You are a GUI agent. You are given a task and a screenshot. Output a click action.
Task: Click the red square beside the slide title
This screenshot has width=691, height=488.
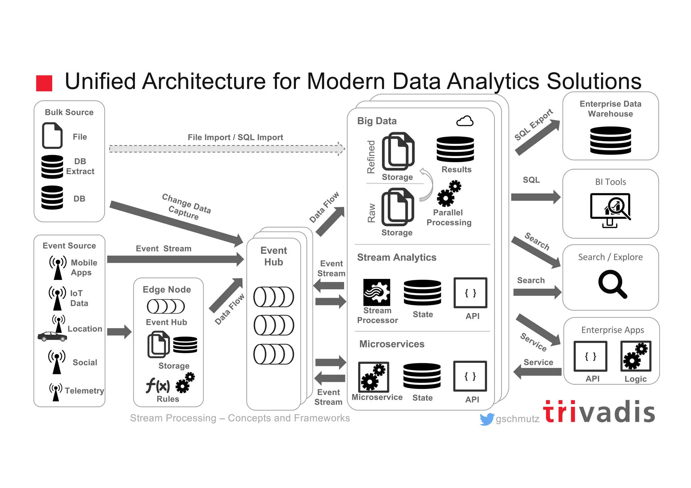click(x=44, y=83)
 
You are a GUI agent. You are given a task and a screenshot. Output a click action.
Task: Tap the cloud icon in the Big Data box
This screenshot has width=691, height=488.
click(x=465, y=121)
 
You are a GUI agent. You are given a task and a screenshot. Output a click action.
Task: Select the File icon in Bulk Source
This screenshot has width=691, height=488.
click(x=52, y=136)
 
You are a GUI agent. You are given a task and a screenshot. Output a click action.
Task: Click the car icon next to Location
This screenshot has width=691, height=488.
click(x=52, y=336)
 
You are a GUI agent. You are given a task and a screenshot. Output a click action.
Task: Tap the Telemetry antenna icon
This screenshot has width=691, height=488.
click(x=56, y=392)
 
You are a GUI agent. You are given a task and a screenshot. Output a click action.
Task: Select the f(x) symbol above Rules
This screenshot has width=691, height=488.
click(x=158, y=385)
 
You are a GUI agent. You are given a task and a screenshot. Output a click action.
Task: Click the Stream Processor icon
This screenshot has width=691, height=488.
click(x=377, y=292)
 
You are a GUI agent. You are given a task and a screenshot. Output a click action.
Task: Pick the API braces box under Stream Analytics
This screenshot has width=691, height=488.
click(x=470, y=293)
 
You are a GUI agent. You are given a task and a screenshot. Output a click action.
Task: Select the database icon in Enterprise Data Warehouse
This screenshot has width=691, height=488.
click(x=610, y=140)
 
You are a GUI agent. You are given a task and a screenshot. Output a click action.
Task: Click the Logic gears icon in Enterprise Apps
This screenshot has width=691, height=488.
click(x=636, y=356)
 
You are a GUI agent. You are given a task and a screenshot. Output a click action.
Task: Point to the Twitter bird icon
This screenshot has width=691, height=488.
click(x=487, y=419)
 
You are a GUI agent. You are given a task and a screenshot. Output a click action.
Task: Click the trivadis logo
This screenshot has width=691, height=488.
click(x=599, y=412)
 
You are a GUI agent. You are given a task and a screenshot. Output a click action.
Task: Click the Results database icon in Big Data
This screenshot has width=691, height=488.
click(x=455, y=149)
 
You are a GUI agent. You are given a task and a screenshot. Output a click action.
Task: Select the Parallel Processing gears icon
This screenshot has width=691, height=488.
click(x=449, y=194)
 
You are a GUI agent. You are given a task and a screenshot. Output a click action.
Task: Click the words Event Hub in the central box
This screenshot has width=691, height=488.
click(x=274, y=256)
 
